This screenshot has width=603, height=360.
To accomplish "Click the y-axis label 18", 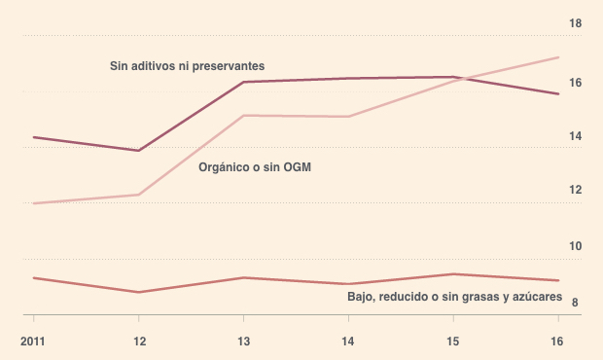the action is [x=576, y=24].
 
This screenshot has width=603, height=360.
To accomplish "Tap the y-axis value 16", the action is [x=576, y=83].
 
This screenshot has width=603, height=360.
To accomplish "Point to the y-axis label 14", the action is [x=576, y=136].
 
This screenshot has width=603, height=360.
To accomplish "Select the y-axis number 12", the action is [x=576, y=190].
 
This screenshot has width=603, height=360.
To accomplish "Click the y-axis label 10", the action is [x=576, y=246].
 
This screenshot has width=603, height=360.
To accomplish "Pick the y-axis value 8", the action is [x=575, y=303].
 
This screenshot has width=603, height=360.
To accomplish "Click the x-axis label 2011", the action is [x=33, y=342].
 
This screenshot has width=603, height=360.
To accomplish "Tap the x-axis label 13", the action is [x=244, y=342].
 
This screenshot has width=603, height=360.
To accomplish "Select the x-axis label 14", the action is [x=348, y=342].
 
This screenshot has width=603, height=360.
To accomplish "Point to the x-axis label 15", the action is [x=453, y=342].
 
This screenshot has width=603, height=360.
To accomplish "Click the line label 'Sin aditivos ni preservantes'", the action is [x=188, y=66].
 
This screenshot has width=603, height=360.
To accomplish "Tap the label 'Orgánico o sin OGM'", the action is [x=255, y=167].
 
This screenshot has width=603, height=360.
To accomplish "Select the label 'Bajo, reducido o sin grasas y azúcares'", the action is [x=454, y=297].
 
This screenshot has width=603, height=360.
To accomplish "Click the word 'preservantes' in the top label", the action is [x=229, y=66].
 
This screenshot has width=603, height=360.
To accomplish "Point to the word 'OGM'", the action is [x=298, y=167].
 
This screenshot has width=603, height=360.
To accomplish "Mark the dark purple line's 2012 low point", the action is [x=138, y=151].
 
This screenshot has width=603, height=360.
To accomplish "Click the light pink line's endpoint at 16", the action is [x=558, y=57].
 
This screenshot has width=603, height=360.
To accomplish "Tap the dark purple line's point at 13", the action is [x=243, y=82].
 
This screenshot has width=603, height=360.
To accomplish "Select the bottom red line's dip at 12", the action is [x=138, y=292].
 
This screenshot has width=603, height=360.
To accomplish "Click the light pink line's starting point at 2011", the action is [x=34, y=203].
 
